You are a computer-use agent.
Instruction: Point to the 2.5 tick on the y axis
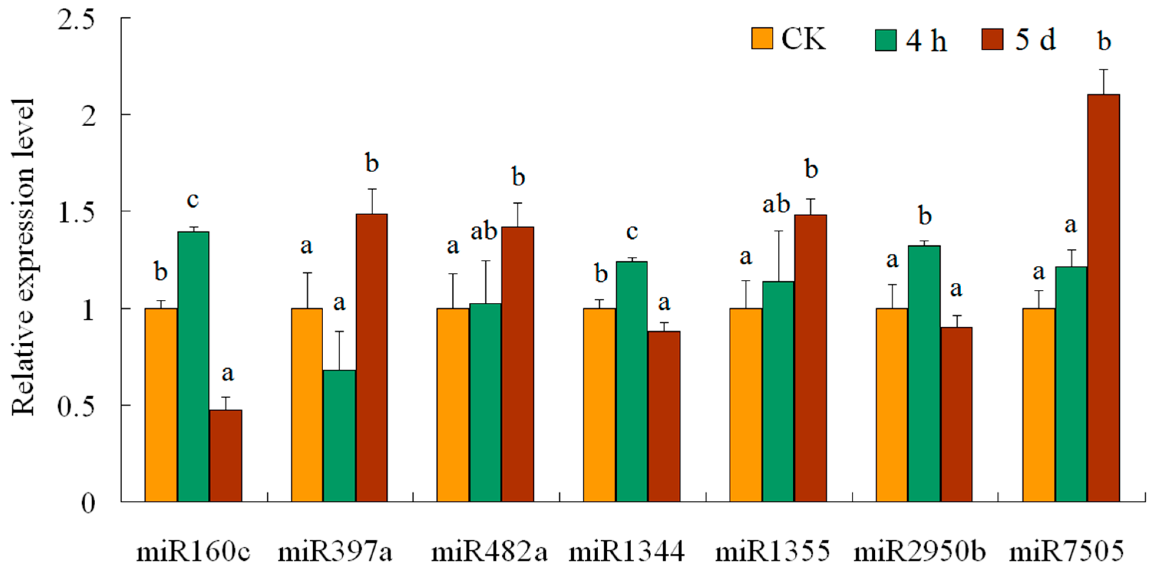pyautogui.click(x=76, y=20)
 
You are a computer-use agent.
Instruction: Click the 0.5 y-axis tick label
pyautogui.click(x=76, y=406)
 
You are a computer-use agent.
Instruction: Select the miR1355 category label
pyautogui.click(x=772, y=550)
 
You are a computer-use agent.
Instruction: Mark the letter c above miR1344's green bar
pyautogui.click(x=632, y=232)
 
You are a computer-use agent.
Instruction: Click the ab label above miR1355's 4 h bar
pyautogui.click(x=776, y=205)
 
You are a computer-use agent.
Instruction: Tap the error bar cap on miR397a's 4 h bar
pyautogui.click(x=339, y=332)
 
